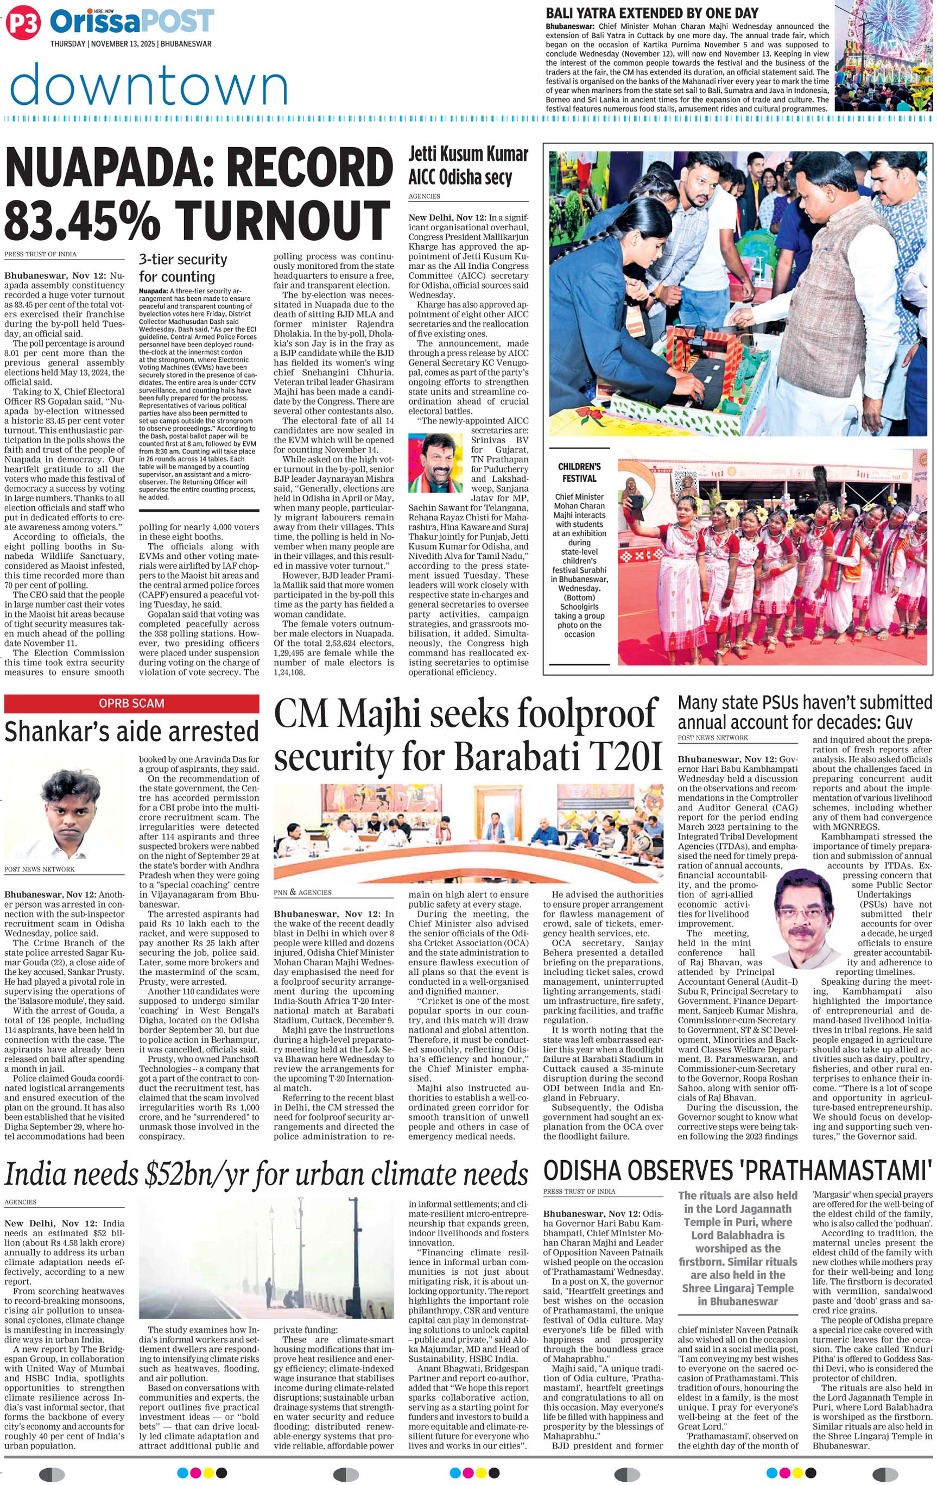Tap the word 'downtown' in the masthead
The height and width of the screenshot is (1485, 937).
point(149,85)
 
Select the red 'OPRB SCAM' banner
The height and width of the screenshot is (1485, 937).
point(131,703)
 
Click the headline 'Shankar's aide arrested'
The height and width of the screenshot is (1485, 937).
point(131,732)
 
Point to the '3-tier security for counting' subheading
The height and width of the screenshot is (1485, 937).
point(182,268)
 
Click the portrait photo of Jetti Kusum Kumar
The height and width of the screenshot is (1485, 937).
point(435,463)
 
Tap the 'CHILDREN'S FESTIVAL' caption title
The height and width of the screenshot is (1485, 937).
point(579,473)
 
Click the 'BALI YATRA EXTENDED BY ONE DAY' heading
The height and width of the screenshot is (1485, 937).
point(651,14)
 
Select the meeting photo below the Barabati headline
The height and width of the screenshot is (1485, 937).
point(468,833)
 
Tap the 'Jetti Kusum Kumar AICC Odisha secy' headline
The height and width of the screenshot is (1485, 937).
point(468,166)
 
